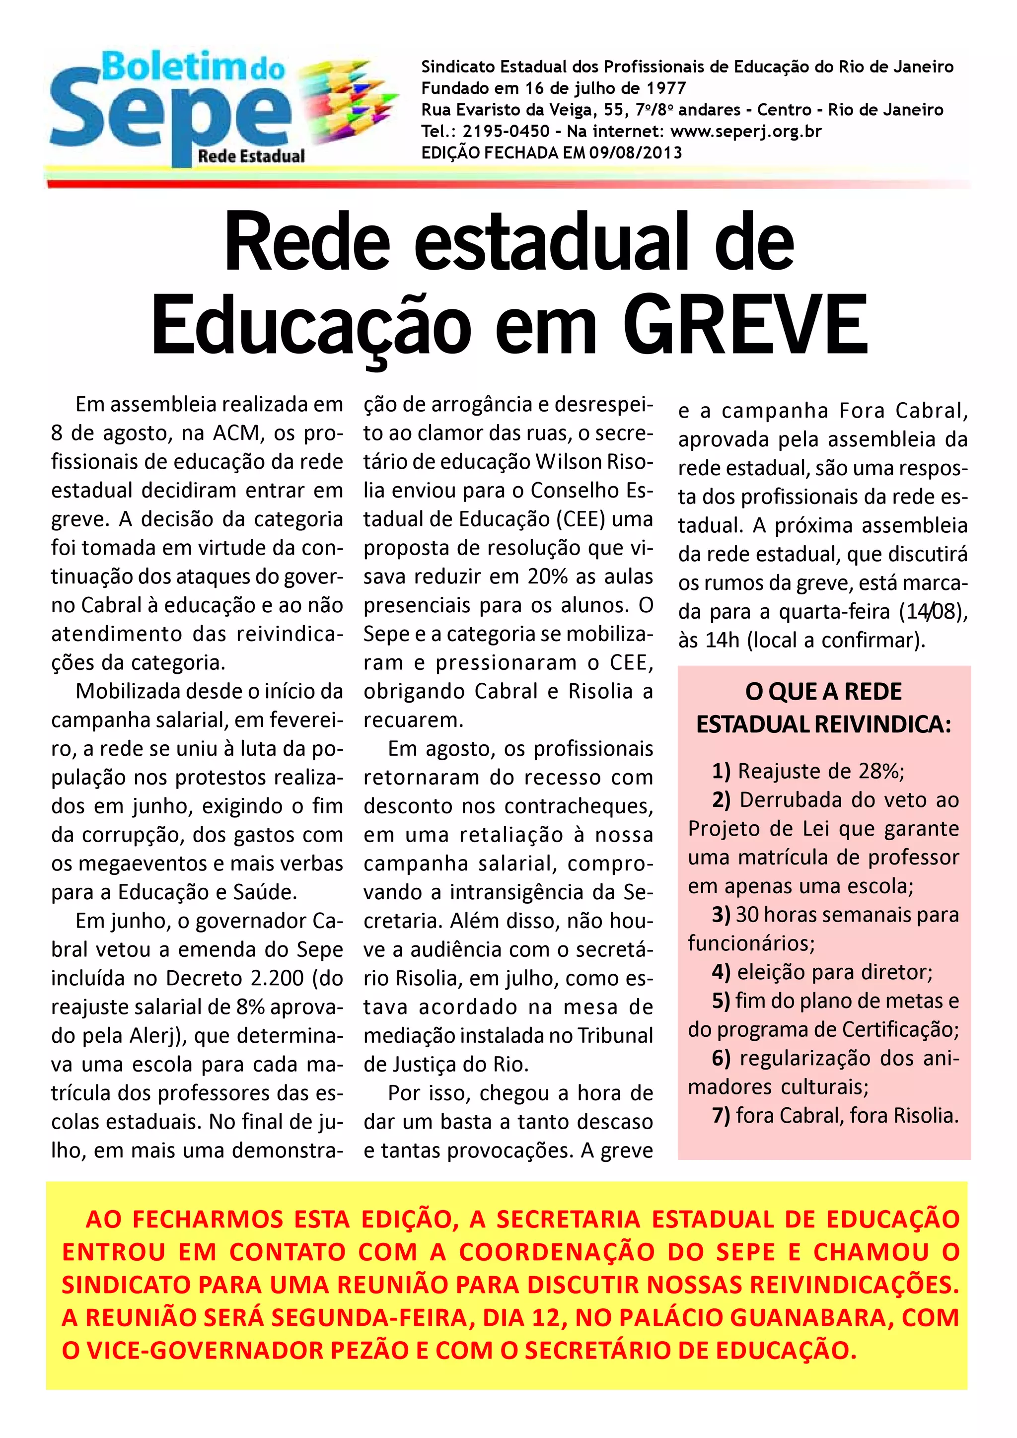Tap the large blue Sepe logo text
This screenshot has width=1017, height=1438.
pos(169,115)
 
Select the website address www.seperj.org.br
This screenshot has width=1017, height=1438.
pos(745,132)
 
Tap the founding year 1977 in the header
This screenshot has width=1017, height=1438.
pos(666,88)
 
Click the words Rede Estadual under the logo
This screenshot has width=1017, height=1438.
pos(251,156)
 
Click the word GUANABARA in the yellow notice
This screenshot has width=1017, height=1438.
pos(810,1318)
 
